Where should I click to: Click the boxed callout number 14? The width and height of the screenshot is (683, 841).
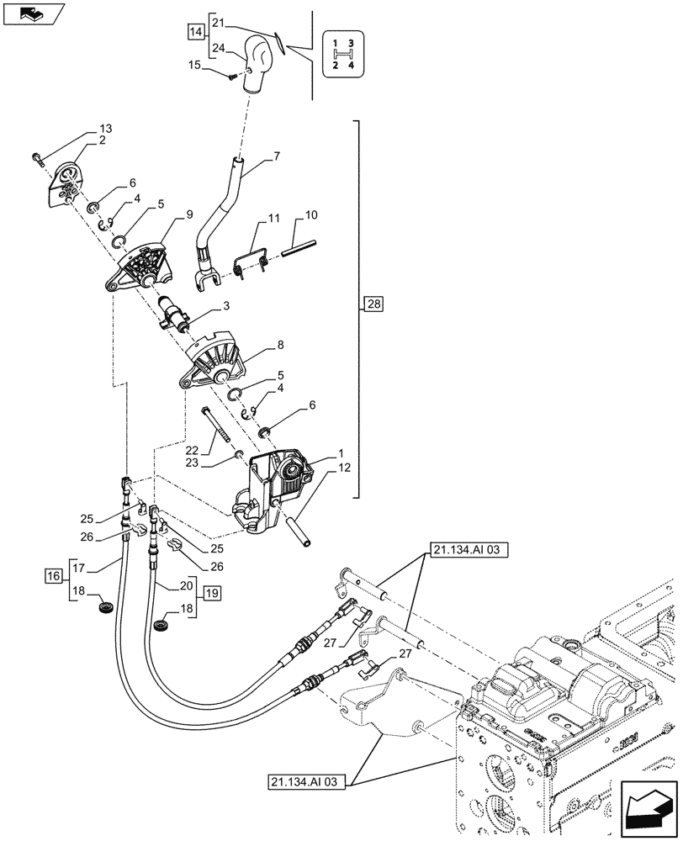pos(196,33)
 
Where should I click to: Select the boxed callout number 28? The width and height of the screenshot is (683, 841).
pos(372,304)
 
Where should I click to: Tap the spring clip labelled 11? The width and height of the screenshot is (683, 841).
pos(251,256)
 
